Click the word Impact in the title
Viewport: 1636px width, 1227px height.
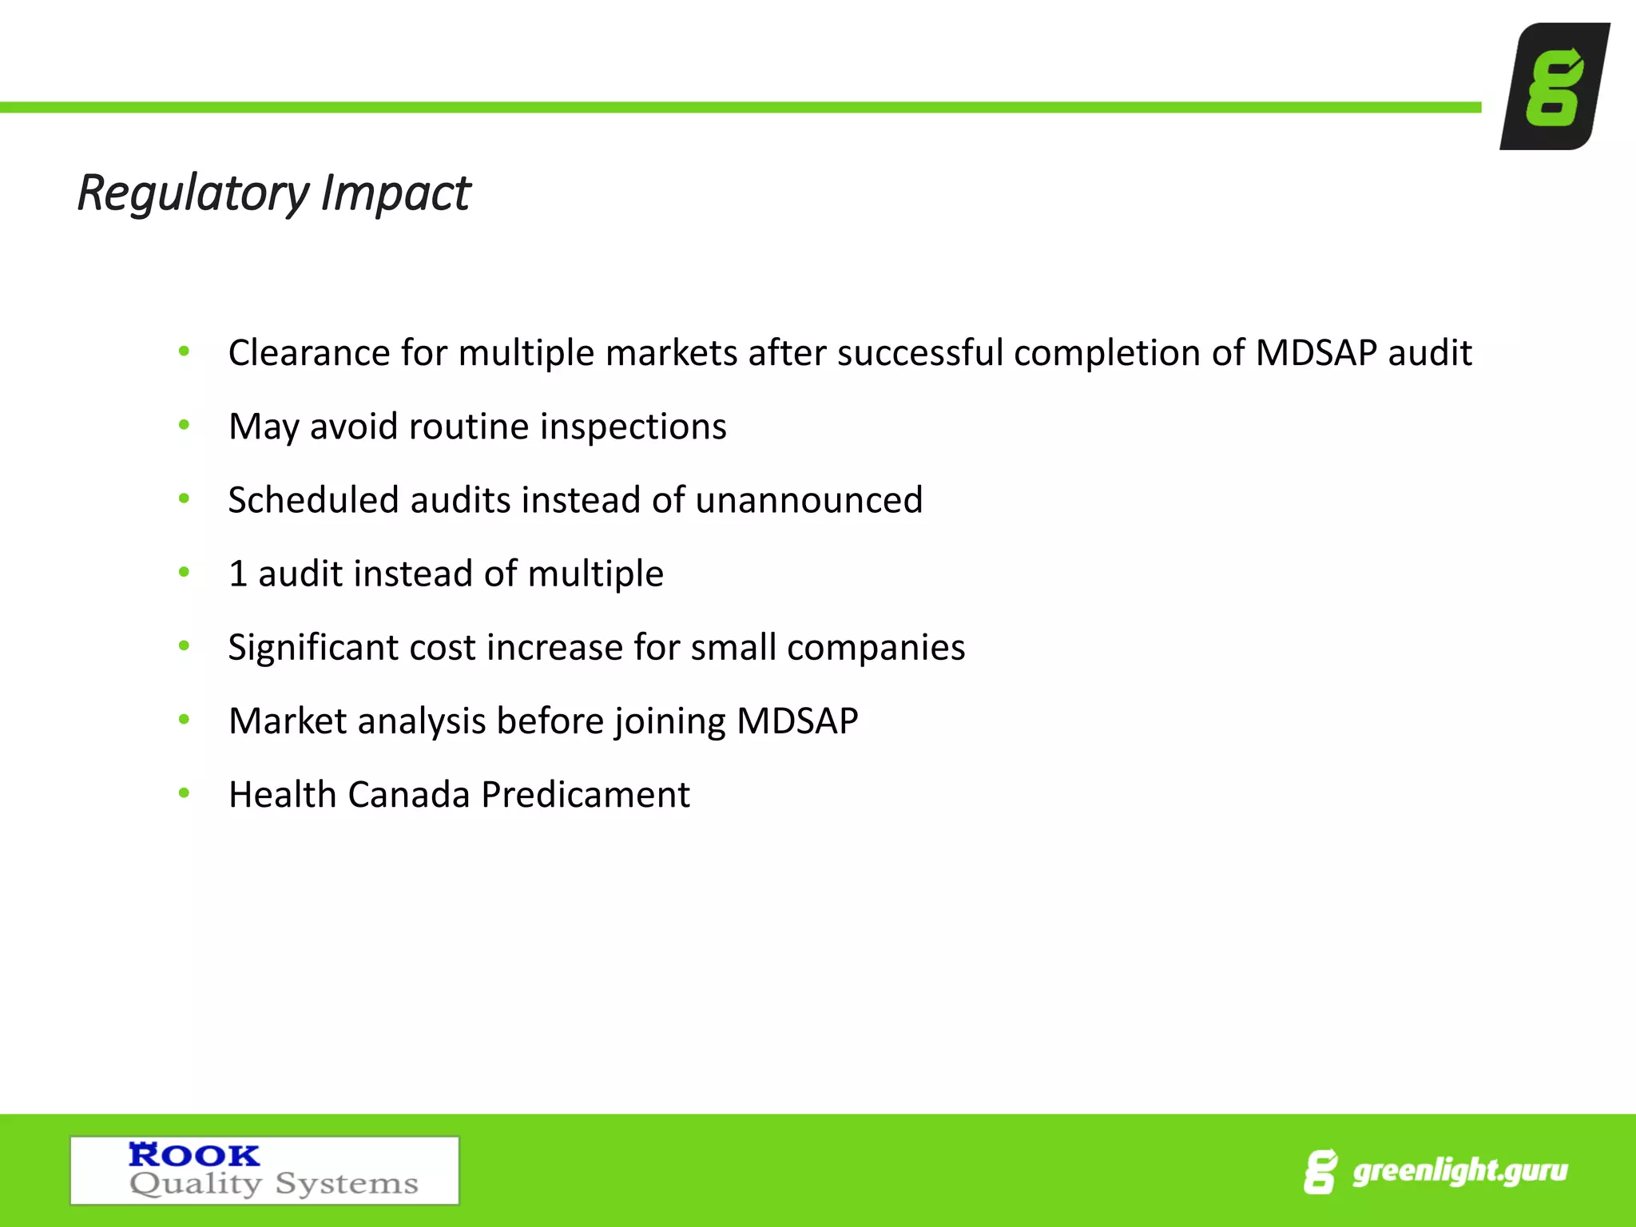click(x=395, y=194)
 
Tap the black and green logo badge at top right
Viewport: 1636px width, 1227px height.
click(x=1555, y=86)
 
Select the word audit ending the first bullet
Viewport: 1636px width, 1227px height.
click(x=1429, y=352)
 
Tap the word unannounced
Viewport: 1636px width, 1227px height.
click(x=808, y=500)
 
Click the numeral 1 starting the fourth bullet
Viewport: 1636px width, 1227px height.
click(x=237, y=574)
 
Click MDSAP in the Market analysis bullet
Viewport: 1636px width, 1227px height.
click(x=796, y=721)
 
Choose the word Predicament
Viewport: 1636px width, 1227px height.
click(x=586, y=795)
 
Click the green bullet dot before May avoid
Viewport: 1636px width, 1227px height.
click(x=184, y=425)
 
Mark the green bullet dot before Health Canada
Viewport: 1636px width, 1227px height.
click(x=184, y=793)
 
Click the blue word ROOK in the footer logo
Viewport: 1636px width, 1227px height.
click(x=194, y=1155)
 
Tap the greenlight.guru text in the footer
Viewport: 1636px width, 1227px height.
click(x=1459, y=1171)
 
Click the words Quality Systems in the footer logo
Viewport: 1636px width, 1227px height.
click(x=274, y=1184)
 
